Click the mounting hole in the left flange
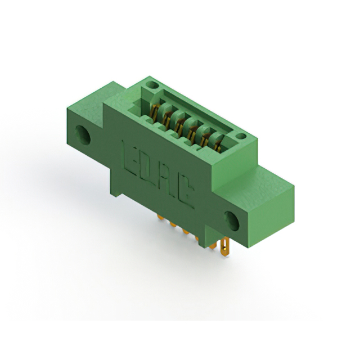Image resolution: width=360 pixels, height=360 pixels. point(83,135)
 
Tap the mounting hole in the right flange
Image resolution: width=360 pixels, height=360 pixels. point(232,221)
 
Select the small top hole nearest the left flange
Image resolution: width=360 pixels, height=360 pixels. point(153,85)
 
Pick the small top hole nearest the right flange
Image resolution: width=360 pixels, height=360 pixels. point(241,136)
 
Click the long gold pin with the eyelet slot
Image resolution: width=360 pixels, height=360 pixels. point(225,247)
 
